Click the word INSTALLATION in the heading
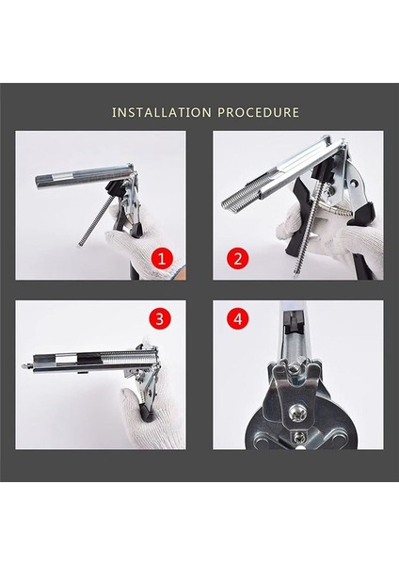tap(161, 112)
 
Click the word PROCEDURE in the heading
tap(259, 112)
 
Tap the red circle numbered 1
tap(162, 259)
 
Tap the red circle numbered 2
tap(238, 259)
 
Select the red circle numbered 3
tap(160, 318)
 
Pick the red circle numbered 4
tap(238, 319)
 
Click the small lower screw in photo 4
tap(298, 437)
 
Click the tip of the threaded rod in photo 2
tap(295, 275)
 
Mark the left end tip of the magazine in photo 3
tap(25, 365)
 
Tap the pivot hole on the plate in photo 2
tap(356, 184)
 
